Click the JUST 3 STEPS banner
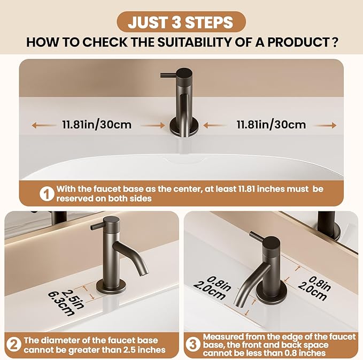(x=181, y=22)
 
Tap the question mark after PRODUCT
(x=334, y=42)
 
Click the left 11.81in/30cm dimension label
(x=97, y=125)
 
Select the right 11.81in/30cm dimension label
(x=271, y=125)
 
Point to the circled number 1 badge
(x=47, y=194)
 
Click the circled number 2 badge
(x=14, y=344)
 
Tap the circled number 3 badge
(x=192, y=344)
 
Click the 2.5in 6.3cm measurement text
(x=66, y=303)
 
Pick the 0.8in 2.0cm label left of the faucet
(x=212, y=288)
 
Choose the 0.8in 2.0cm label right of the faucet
(x=314, y=288)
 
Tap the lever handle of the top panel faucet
(x=169, y=75)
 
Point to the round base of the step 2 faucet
(x=111, y=286)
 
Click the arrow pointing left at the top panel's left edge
(x=43, y=126)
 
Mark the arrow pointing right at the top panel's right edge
(x=325, y=125)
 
